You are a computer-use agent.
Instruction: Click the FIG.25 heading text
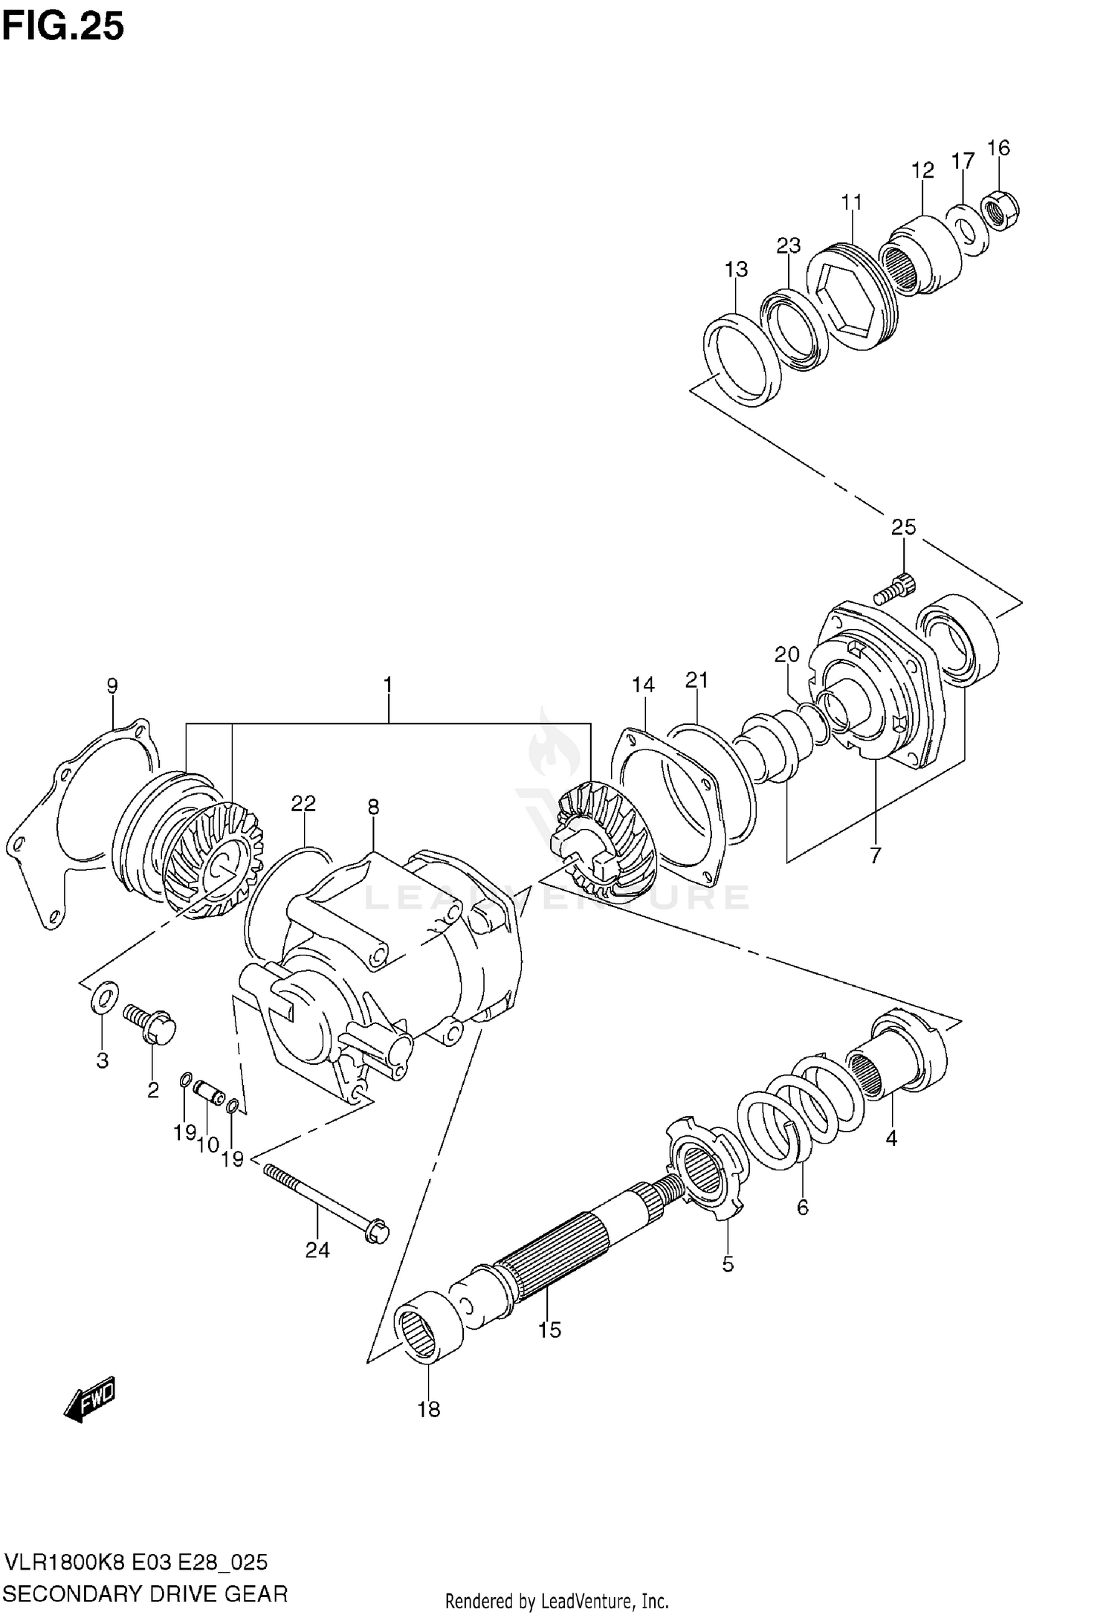click(63, 28)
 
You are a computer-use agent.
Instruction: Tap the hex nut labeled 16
click(1001, 213)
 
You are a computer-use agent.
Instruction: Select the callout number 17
click(963, 161)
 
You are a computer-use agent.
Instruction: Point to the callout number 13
click(736, 269)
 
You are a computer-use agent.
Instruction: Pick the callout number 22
click(303, 803)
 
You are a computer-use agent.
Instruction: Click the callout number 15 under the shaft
click(549, 1329)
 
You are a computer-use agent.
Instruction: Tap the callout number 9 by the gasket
click(111, 685)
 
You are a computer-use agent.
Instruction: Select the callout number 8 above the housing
click(373, 807)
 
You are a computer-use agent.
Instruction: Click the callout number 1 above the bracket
click(387, 684)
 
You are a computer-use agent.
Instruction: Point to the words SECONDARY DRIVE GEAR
click(146, 1593)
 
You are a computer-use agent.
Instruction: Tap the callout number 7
click(875, 855)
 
